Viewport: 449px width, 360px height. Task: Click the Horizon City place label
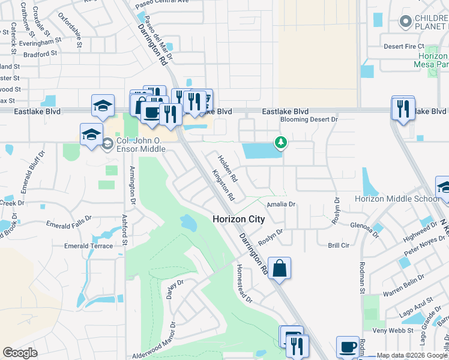click(238, 220)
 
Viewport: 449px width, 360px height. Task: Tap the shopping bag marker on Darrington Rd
click(280, 268)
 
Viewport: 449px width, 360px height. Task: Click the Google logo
click(20, 353)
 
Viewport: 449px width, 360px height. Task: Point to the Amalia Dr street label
click(282, 204)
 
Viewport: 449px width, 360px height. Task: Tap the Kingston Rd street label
click(223, 184)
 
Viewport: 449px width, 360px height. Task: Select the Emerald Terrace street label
click(88, 246)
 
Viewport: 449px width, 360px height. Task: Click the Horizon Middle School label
click(397, 199)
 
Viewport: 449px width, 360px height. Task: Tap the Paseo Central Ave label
click(162, 1)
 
